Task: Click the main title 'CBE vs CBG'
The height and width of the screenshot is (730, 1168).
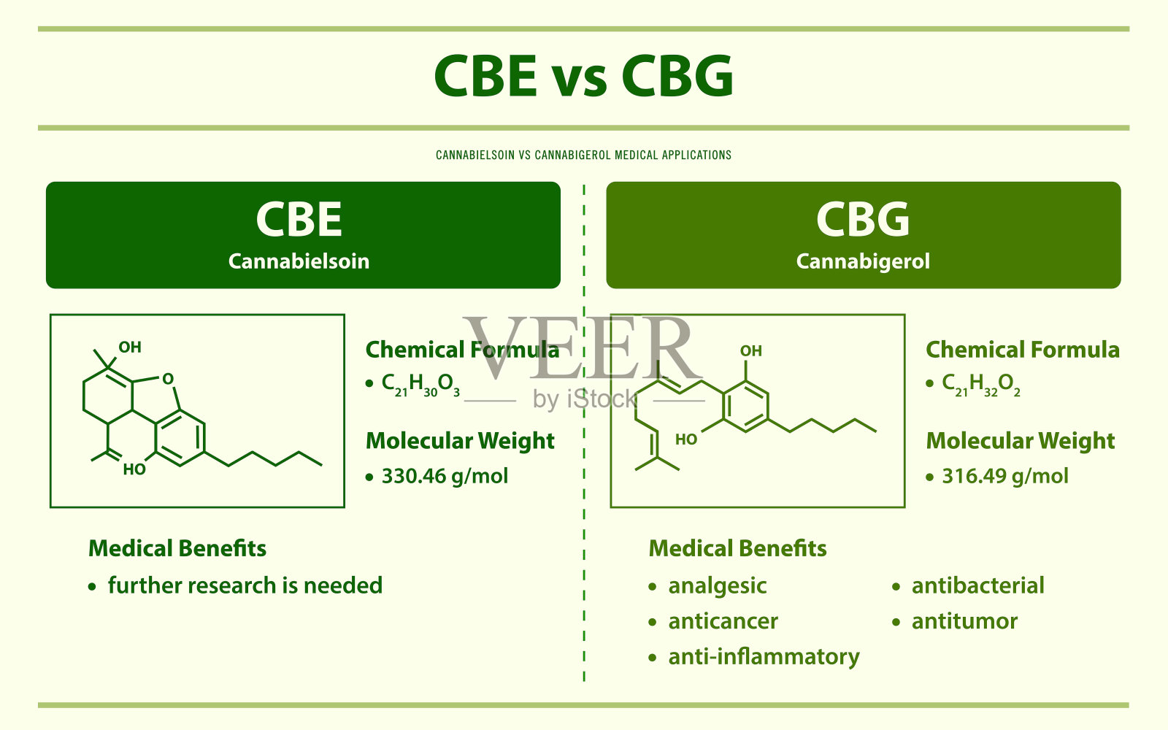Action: click(583, 76)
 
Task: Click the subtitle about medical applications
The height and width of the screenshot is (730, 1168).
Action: click(583, 155)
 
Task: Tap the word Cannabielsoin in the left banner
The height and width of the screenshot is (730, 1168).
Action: click(299, 261)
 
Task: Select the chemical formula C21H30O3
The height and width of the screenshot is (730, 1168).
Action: click(420, 385)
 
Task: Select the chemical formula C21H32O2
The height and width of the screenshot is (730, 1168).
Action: click(981, 385)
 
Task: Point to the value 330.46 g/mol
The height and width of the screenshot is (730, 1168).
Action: click(445, 476)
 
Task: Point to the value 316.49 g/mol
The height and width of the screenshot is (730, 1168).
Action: click(1004, 476)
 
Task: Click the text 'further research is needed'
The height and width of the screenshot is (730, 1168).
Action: click(245, 585)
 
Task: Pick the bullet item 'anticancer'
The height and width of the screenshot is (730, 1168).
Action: click(723, 621)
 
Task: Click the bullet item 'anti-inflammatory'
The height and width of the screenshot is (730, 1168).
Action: click(764, 657)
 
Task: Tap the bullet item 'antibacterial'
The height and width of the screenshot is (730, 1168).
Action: click(977, 585)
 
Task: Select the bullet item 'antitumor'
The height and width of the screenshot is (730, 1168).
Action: click(964, 621)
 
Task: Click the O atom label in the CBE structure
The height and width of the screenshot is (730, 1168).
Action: click(167, 379)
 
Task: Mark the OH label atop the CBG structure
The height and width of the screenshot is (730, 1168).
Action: click(751, 351)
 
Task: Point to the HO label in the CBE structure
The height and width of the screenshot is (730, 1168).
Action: click(134, 470)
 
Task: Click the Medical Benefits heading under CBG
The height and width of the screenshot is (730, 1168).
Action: click(737, 548)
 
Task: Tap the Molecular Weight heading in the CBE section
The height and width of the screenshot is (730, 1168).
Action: click(460, 441)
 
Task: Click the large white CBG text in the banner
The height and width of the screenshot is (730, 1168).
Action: click(863, 220)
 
